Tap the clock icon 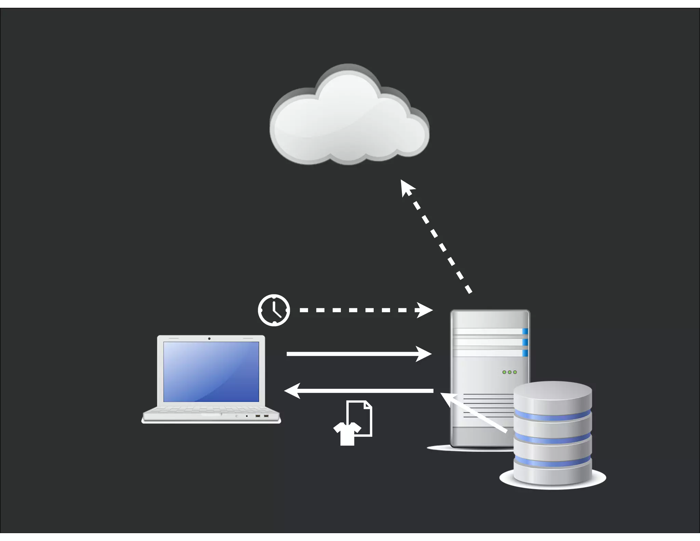click(x=274, y=310)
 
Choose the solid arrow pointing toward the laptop click(x=359, y=391)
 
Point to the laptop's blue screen click(x=211, y=371)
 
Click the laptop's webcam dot click(x=209, y=339)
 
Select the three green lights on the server click(x=509, y=372)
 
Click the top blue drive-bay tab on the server click(x=525, y=331)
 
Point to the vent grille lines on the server click(x=487, y=405)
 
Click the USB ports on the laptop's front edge click(x=262, y=416)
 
